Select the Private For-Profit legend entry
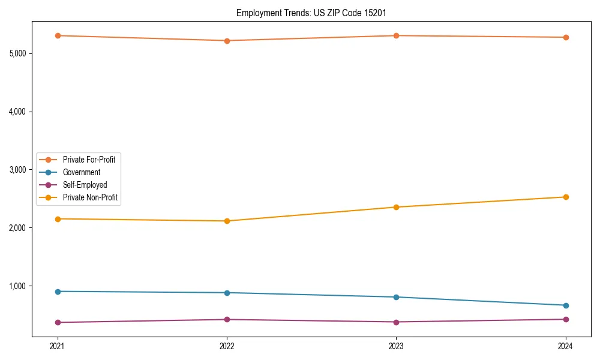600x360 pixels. [89, 160]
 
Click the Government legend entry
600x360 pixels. [82, 172]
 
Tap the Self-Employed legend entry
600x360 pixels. [85, 185]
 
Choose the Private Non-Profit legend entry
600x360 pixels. [90, 197]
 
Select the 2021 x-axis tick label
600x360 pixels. [58, 346]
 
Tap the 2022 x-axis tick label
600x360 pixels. [227, 346]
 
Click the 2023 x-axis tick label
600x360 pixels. [396, 346]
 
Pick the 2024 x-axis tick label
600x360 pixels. [565, 346]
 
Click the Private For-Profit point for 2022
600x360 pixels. [227, 41]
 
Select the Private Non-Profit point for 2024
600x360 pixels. [565, 197]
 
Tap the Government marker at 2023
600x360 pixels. [396, 297]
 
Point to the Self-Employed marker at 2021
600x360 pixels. [58, 322]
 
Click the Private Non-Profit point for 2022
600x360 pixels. [227, 221]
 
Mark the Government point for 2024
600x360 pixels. [565, 305]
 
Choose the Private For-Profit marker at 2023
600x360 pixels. [396, 35]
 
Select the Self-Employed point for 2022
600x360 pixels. [227, 319]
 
